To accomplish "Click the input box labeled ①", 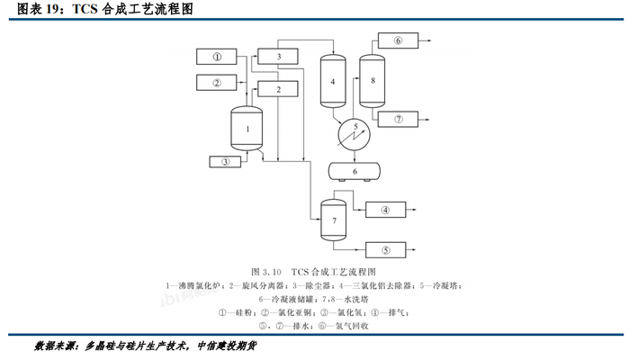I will (217, 57).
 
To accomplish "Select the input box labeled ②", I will (217, 84).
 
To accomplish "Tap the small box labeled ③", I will (225, 162).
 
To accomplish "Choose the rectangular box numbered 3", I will (280, 57).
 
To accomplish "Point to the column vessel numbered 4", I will (333, 83).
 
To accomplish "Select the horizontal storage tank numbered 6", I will (355, 170).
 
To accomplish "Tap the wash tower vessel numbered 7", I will (334, 219).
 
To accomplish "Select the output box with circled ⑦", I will (399, 119).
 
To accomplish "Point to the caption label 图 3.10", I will (266, 271).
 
